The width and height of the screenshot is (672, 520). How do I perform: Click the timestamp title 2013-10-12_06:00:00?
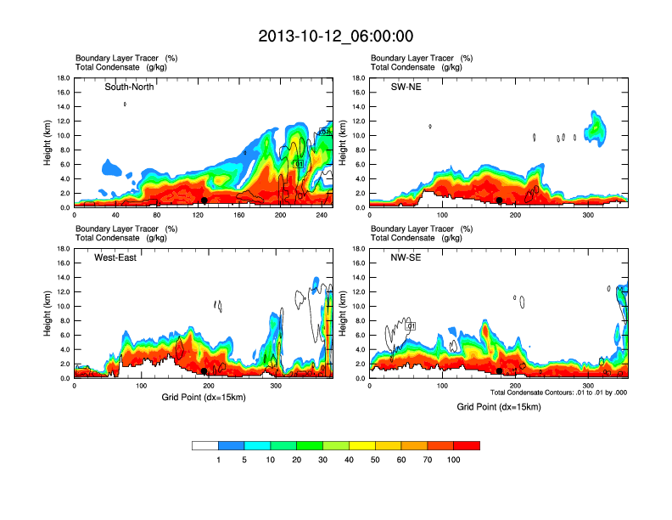tap(335, 37)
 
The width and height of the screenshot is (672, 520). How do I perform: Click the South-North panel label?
tap(129, 87)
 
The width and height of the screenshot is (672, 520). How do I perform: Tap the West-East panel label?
tap(116, 257)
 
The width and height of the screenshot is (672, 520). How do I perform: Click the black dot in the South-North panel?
tap(204, 201)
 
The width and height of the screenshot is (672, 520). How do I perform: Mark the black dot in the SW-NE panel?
tap(500, 201)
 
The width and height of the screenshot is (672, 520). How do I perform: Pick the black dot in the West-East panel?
tap(204, 371)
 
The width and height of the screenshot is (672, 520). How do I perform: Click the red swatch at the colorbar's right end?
tap(467, 445)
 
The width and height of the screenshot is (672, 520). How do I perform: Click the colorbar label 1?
tap(218, 460)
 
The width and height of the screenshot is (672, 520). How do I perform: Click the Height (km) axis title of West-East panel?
tap(48, 314)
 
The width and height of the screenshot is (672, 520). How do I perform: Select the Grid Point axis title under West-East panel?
tap(204, 398)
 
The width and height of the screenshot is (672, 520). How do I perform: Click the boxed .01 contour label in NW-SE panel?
tap(411, 326)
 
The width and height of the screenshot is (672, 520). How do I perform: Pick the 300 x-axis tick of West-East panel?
tap(275, 387)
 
